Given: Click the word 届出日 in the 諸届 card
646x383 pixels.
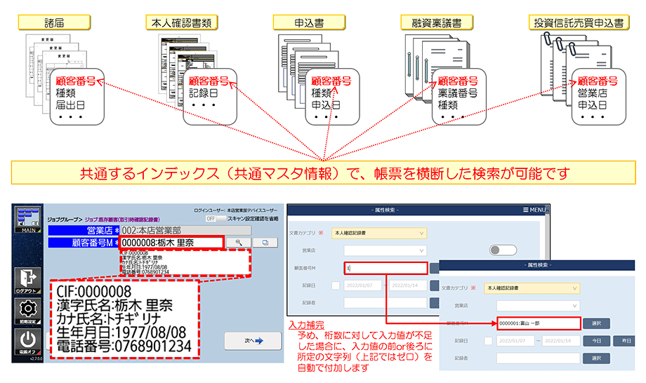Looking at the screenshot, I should [x=70, y=105].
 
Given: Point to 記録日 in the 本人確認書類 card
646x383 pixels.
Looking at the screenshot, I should [x=204, y=93].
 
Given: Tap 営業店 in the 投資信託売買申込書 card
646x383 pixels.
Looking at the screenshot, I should [x=593, y=93].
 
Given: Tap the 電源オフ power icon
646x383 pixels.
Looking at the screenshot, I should [x=27, y=345].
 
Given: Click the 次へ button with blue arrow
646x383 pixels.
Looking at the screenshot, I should [x=247, y=340].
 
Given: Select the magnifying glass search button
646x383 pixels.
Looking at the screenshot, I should [x=239, y=242].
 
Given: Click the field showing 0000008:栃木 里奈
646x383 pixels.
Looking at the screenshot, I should [x=171, y=243].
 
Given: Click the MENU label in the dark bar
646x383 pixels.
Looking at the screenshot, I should [x=534, y=210].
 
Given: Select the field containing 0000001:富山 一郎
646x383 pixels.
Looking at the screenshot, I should [x=537, y=323].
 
